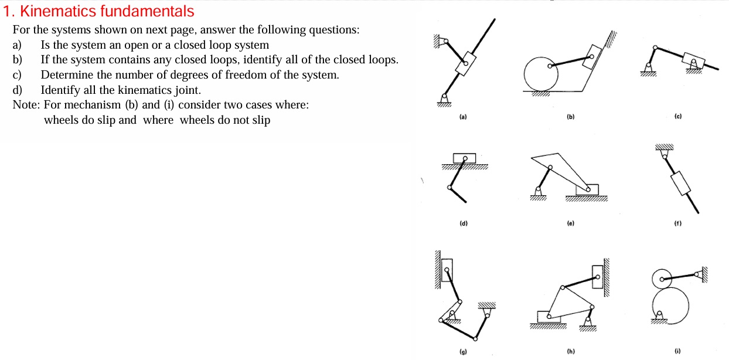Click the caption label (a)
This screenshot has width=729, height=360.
pos(463,117)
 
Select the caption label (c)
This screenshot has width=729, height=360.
pos(677,117)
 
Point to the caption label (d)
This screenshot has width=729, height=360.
pos(463,223)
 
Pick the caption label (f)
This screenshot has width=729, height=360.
pos(677,223)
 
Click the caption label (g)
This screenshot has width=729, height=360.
pos(463,352)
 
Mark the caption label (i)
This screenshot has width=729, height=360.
pos(677,352)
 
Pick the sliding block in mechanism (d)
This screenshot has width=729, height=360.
pos(464,158)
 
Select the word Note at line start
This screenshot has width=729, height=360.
pos(25,105)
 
